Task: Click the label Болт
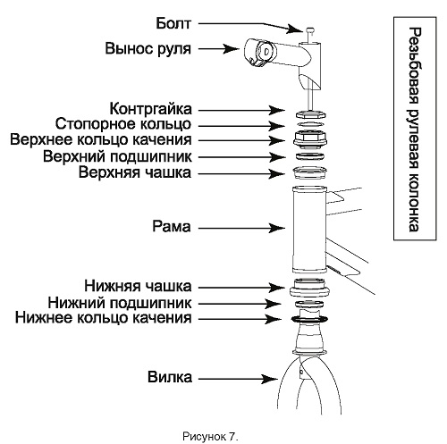tap(173, 23)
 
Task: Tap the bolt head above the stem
tap(310, 30)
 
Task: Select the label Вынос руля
tap(148, 48)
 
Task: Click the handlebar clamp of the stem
tap(258, 53)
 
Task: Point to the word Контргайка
tap(150, 109)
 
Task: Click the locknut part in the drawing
tap(311, 114)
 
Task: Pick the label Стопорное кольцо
tap(123, 124)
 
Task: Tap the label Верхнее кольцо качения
tap(101, 139)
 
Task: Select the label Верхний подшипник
tap(117, 156)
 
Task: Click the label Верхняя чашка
tap(135, 172)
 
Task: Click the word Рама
tap(172, 226)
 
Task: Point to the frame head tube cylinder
tap(310, 230)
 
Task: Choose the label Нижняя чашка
tap(138, 286)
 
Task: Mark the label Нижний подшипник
tap(120, 303)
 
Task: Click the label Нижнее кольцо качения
tap(103, 318)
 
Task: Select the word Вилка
tap(170, 377)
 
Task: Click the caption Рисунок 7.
tap(210, 437)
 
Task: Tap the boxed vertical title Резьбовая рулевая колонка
tap(415, 129)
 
